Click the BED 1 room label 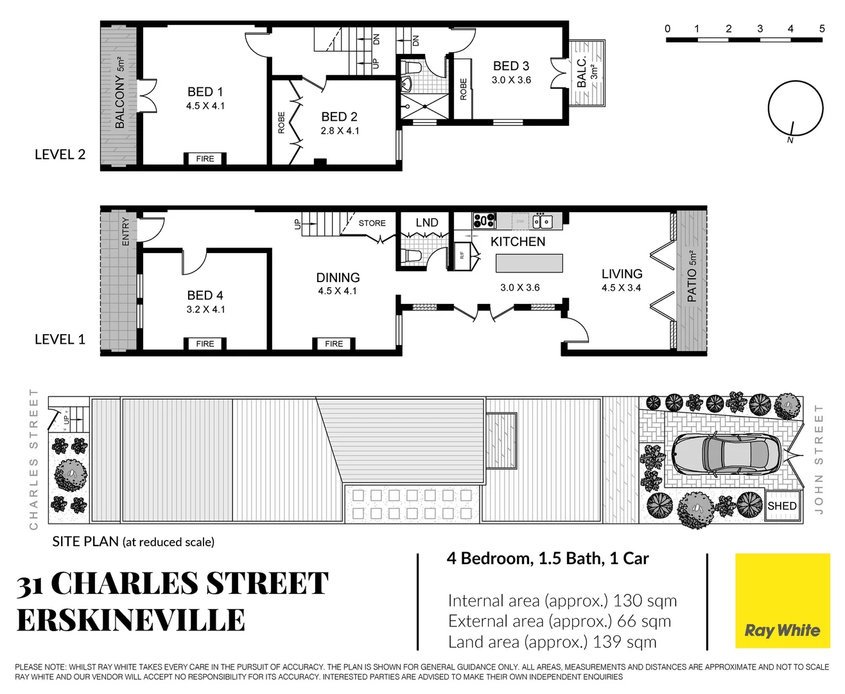[205, 92]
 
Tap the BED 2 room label [339, 117]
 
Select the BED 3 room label [511, 66]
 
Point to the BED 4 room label [205, 296]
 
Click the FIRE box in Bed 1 [205, 159]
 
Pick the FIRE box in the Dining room [334, 344]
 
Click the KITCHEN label [518, 242]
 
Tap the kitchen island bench [529, 263]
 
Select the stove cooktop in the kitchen [484, 220]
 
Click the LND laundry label [426, 223]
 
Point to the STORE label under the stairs [372, 223]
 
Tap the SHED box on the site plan [782, 506]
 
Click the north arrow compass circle [796, 109]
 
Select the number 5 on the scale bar [822, 28]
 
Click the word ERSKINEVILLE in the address [131, 621]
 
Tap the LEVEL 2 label [60, 154]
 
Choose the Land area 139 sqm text [552, 642]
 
